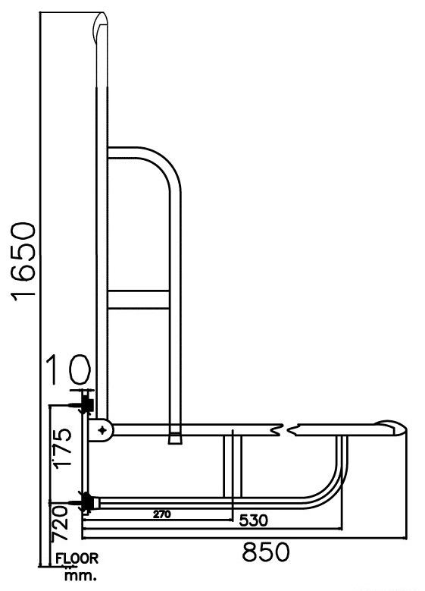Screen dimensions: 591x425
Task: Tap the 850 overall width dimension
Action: point(265,552)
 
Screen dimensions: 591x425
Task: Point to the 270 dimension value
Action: point(160,514)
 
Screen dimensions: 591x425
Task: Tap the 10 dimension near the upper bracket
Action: point(69,372)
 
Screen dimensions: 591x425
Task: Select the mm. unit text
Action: point(81,576)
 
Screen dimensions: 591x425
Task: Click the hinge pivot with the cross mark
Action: point(102,430)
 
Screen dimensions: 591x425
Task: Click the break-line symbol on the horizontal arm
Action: point(286,430)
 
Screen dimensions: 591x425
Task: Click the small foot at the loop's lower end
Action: point(175,438)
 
